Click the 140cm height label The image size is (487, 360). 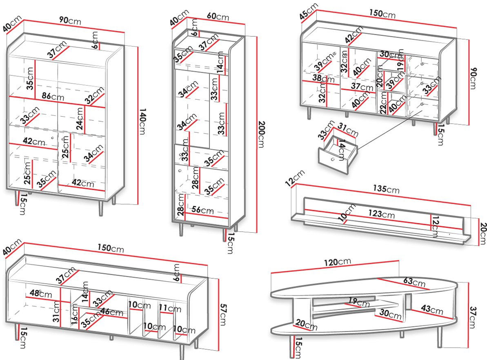point(142,122)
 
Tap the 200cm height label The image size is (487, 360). point(262,134)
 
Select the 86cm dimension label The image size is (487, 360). point(53,96)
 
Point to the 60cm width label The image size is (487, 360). point(218,16)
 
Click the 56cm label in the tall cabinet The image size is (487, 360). point(202,210)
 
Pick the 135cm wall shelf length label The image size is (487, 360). point(386,189)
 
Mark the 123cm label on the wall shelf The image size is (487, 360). point(381,214)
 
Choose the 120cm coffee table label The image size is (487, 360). point(337,262)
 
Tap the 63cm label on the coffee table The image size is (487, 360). point(414,282)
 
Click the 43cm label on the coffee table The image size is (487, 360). point(432,309)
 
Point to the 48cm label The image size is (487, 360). point(41,293)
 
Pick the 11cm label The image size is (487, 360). point(170,309)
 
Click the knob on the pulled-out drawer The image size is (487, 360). point(333,160)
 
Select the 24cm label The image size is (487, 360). point(80,119)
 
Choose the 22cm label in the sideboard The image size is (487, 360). point(383,103)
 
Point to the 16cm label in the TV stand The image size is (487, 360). point(75,314)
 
